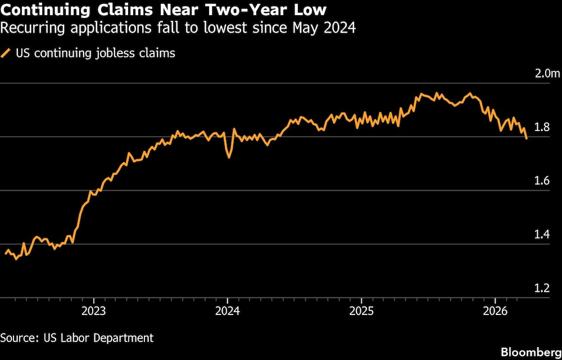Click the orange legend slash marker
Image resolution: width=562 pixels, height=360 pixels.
point(7,53)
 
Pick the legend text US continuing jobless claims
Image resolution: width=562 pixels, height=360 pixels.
point(96,53)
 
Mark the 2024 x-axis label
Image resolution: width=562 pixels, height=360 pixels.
point(228,311)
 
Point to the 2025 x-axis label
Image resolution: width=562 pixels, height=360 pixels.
point(361,311)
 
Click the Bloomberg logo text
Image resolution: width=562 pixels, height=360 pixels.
point(532,352)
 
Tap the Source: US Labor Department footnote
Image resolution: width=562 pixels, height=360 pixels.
point(77,337)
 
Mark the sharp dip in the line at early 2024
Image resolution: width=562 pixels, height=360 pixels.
point(229,157)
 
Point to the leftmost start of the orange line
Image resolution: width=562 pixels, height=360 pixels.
point(6,254)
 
